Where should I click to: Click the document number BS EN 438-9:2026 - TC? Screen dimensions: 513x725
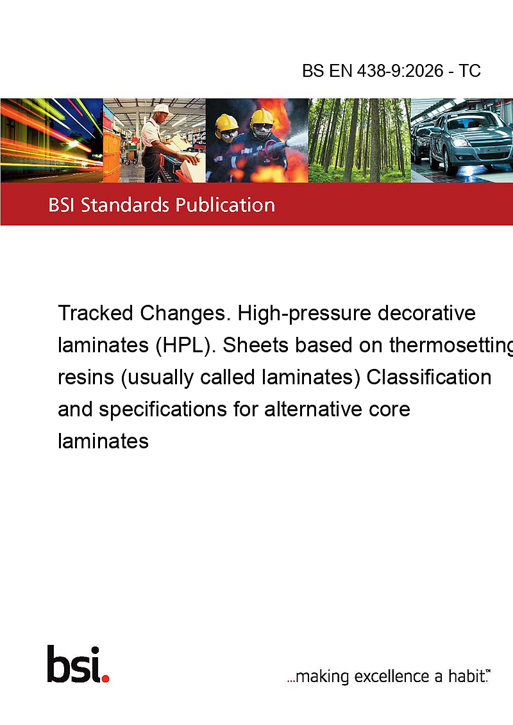point(391,70)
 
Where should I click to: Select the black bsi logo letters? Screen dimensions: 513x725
point(74,664)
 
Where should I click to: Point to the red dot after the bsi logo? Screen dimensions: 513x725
point(105,678)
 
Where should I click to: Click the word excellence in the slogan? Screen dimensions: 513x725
point(392,676)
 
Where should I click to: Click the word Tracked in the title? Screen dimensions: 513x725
point(96,313)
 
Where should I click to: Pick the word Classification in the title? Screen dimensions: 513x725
point(429,377)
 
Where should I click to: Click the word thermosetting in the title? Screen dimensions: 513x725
point(451,346)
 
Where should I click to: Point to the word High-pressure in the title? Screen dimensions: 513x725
point(304,314)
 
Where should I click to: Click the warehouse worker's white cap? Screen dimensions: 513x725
point(162,109)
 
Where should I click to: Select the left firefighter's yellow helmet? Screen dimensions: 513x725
point(226,122)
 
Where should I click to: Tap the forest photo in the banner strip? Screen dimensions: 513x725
point(359,140)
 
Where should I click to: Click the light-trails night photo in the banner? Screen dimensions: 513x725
point(51,140)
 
